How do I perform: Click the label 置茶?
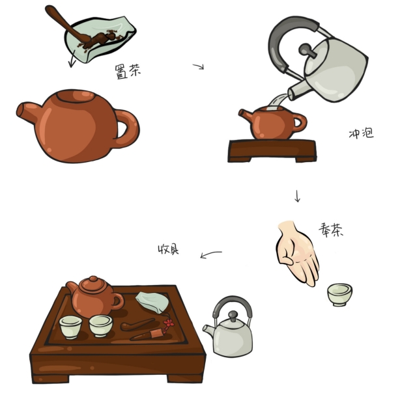(128, 71)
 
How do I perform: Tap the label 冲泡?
(362, 133)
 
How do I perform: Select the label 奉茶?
(331, 230)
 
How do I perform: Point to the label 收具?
(168, 249)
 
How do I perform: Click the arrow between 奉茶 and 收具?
(210, 254)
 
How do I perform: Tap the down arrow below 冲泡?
(297, 196)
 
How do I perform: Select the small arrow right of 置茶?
(199, 66)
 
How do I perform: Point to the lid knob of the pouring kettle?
(307, 51)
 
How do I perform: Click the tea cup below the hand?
(339, 295)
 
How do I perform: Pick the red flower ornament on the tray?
(168, 323)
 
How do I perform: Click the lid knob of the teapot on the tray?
(93, 279)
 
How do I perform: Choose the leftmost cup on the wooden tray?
(70, 327)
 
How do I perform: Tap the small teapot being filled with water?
(272, 122)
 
